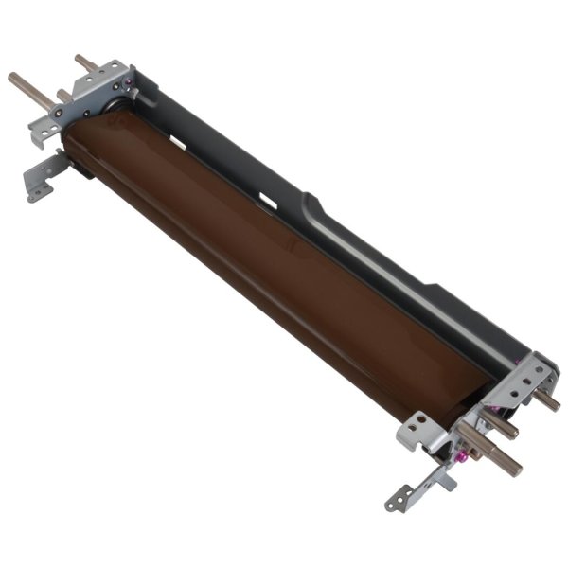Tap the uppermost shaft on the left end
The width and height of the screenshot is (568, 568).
point(88,64)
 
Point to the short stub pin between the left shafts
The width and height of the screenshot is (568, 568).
point(62,95)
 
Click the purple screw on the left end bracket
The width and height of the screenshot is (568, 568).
point(133,94)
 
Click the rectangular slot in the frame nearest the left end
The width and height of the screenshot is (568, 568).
point(174,141)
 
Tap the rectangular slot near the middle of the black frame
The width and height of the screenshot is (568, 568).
point(268,201)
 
